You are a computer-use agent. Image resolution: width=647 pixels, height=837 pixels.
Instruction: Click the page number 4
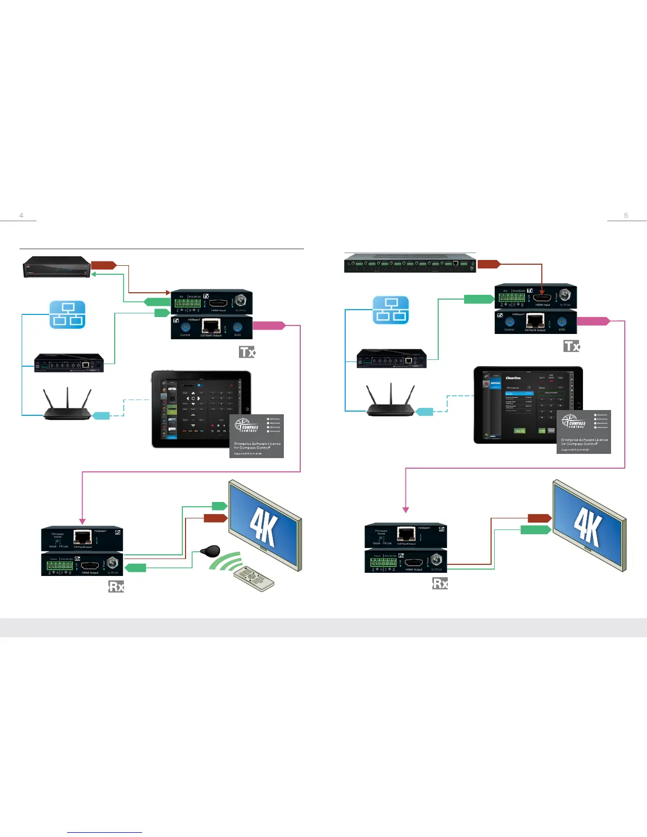click(21, 215)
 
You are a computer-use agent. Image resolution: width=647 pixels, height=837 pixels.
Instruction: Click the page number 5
click(626, 215)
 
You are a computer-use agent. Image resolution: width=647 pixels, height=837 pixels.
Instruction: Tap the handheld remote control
click(254, 578)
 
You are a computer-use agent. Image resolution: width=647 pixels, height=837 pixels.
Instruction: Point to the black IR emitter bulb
click(210, 551)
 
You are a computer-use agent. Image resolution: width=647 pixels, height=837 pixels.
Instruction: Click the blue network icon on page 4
click(68, 314)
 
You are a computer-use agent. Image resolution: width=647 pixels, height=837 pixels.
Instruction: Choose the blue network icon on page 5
click(391, 310)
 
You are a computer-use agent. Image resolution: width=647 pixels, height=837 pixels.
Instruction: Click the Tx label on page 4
click(247, 352)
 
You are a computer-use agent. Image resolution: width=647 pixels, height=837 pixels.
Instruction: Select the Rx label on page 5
click(440, 583)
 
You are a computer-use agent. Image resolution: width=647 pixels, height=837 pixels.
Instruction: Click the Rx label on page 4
click(116, 587)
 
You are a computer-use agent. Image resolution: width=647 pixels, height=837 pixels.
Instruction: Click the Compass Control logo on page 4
click(247, 425)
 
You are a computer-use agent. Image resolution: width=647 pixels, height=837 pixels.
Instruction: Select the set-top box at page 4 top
click(57, 267)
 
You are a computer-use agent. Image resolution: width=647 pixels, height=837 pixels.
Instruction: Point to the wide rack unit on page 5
click(410, 263)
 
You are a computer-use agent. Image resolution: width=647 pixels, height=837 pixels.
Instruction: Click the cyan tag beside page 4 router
click(101, 416)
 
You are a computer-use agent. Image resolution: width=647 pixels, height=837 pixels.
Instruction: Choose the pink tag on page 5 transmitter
click(594, 321)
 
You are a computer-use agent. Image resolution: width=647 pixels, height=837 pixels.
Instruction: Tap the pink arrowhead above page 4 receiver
click(82, 520)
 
